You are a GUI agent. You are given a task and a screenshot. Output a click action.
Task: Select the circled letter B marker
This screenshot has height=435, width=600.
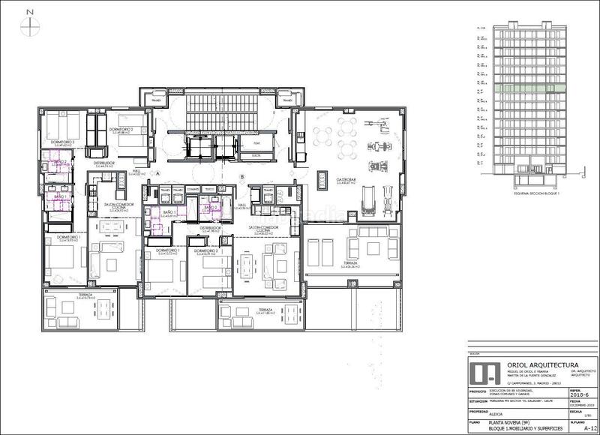[x=242, y=176]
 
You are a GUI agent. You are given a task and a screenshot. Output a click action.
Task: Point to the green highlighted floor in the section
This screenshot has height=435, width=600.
[x=522, y=88]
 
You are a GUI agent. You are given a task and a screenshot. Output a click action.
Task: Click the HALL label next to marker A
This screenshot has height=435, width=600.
[x=137, y=171]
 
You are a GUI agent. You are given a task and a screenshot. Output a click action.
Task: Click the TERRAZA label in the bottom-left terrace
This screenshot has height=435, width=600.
[x=84, y=295]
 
